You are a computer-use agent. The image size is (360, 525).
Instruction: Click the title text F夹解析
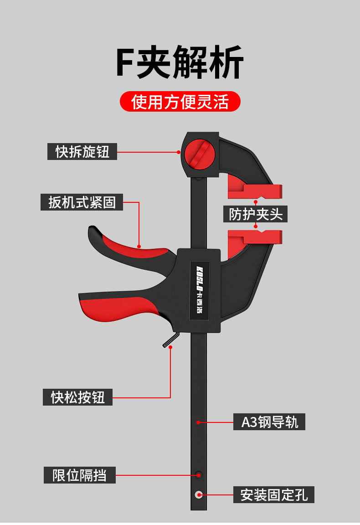tap(180, 62)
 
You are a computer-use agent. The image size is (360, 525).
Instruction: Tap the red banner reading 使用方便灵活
tap(180, 102)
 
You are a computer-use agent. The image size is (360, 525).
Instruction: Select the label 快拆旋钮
tap(82, 151)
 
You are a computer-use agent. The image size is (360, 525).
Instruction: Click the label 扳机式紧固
tap(82, 201)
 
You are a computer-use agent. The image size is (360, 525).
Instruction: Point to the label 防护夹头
tap(256, 213)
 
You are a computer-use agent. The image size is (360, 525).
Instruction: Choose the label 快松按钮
tap(78, 397)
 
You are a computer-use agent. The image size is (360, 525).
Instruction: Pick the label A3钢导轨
tap(269, 422)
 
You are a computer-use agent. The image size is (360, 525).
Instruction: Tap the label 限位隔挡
tap(80, 475)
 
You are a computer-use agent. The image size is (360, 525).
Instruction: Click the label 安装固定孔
tap(274, 494)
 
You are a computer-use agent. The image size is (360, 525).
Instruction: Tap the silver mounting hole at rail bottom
tap(199, 494)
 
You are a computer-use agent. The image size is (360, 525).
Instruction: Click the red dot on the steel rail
tap(198, 422)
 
